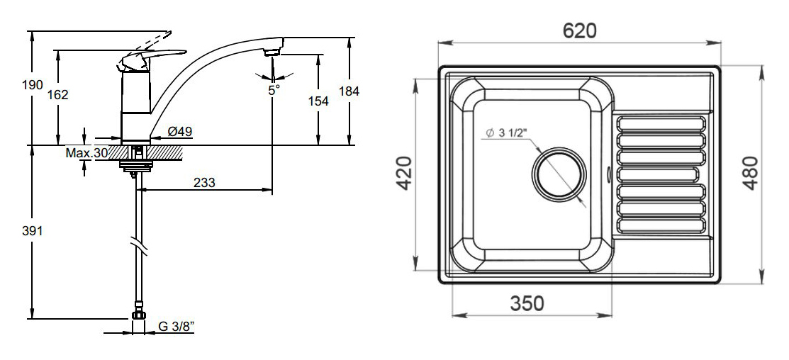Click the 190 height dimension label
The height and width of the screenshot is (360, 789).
[32, 86]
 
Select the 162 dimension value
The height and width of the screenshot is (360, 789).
[58, 94]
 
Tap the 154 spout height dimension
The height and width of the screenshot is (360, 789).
[318, 101]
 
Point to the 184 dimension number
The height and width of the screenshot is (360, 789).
[349, 91]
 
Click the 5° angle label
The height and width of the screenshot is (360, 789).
[273, 91]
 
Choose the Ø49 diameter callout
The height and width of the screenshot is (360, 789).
[179, 132]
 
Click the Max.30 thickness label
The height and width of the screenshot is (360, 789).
[86, 153]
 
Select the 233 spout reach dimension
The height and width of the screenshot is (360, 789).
[205, 183]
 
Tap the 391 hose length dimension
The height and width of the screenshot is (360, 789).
[32, 231]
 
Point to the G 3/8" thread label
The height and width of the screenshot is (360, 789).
[177, 326]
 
